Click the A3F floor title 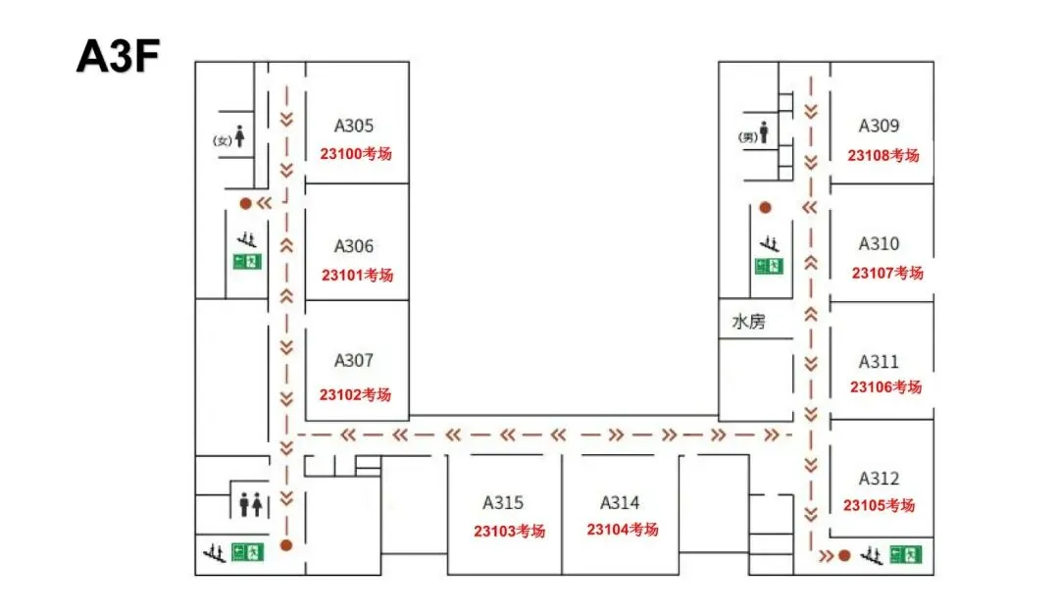pos(118,55)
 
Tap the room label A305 pos(353,126)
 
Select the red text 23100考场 pos(356,153)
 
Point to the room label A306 pos(353,246)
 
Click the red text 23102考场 pos(355,394)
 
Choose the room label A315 pos(502,503)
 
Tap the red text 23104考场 pos(622,529)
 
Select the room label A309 pos(879,126)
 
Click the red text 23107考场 pos(887,273)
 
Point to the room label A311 pos(879,362)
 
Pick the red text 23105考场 pos(879,505)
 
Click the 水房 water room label pos(748,321)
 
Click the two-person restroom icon pos(251,505)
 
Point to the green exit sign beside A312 pos(906,555)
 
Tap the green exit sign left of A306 pos(247,261)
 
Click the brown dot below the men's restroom pos(765,208)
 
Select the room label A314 pos(620,503)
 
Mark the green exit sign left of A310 pos(769,266)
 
